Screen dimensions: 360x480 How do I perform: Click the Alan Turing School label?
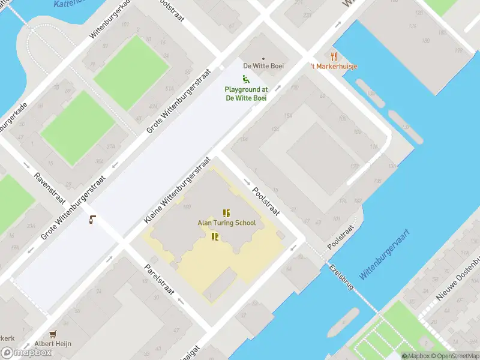(227, 223)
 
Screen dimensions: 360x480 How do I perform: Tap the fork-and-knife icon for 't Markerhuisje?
(334, 56)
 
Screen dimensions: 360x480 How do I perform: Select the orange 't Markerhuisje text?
(334, 66)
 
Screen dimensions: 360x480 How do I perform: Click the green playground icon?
(245, 79)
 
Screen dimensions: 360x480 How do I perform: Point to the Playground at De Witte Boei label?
(246, 94)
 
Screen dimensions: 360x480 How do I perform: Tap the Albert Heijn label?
(52, 344)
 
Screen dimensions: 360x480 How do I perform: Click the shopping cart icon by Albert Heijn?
(53, 334)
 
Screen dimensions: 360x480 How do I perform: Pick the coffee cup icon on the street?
(92, 220)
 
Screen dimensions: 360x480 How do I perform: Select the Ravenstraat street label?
(49, 190)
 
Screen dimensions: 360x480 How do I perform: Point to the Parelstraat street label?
(159, 279)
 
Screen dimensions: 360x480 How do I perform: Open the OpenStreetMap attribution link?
(457, 356)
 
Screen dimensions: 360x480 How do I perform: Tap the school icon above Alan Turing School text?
(226, 213)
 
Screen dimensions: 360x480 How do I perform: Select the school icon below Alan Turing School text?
(215, 236)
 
